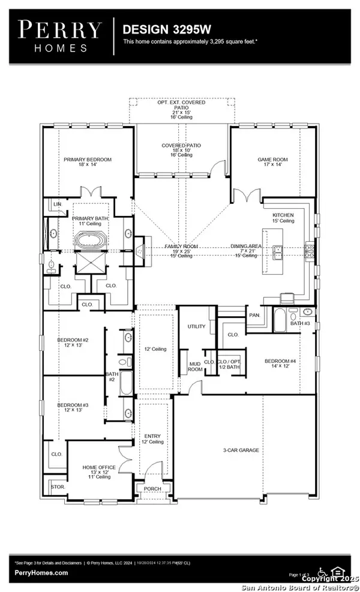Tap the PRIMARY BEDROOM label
pos(85,160)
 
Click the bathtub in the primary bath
pos(90,242)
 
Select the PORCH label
pos(153,489)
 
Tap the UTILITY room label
pos(196,327)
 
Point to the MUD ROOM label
pos(194,367)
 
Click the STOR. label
pos(58,487)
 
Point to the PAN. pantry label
pos(254,315)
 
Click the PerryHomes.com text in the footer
pos(41,573)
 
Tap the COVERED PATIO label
pos(181,145)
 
